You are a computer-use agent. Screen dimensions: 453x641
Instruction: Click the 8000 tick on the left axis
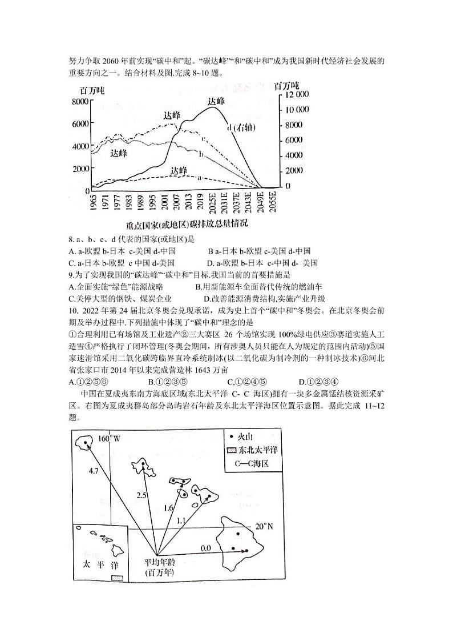(x=80, y=102)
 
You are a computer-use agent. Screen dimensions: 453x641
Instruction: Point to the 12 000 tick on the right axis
(x=296, y=94)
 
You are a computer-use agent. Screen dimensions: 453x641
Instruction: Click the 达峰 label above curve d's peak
(x=216, y=101)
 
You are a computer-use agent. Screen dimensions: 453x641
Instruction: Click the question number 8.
(x=70, y=239)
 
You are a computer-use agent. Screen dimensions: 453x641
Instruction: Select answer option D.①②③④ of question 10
(x=319, y=382)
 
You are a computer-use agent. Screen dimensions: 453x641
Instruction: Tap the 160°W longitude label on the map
(x=109, y=439)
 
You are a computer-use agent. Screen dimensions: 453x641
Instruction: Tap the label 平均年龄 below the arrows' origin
(x=158, y=563)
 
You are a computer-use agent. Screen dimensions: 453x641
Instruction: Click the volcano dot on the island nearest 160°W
(x=87, y=443)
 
